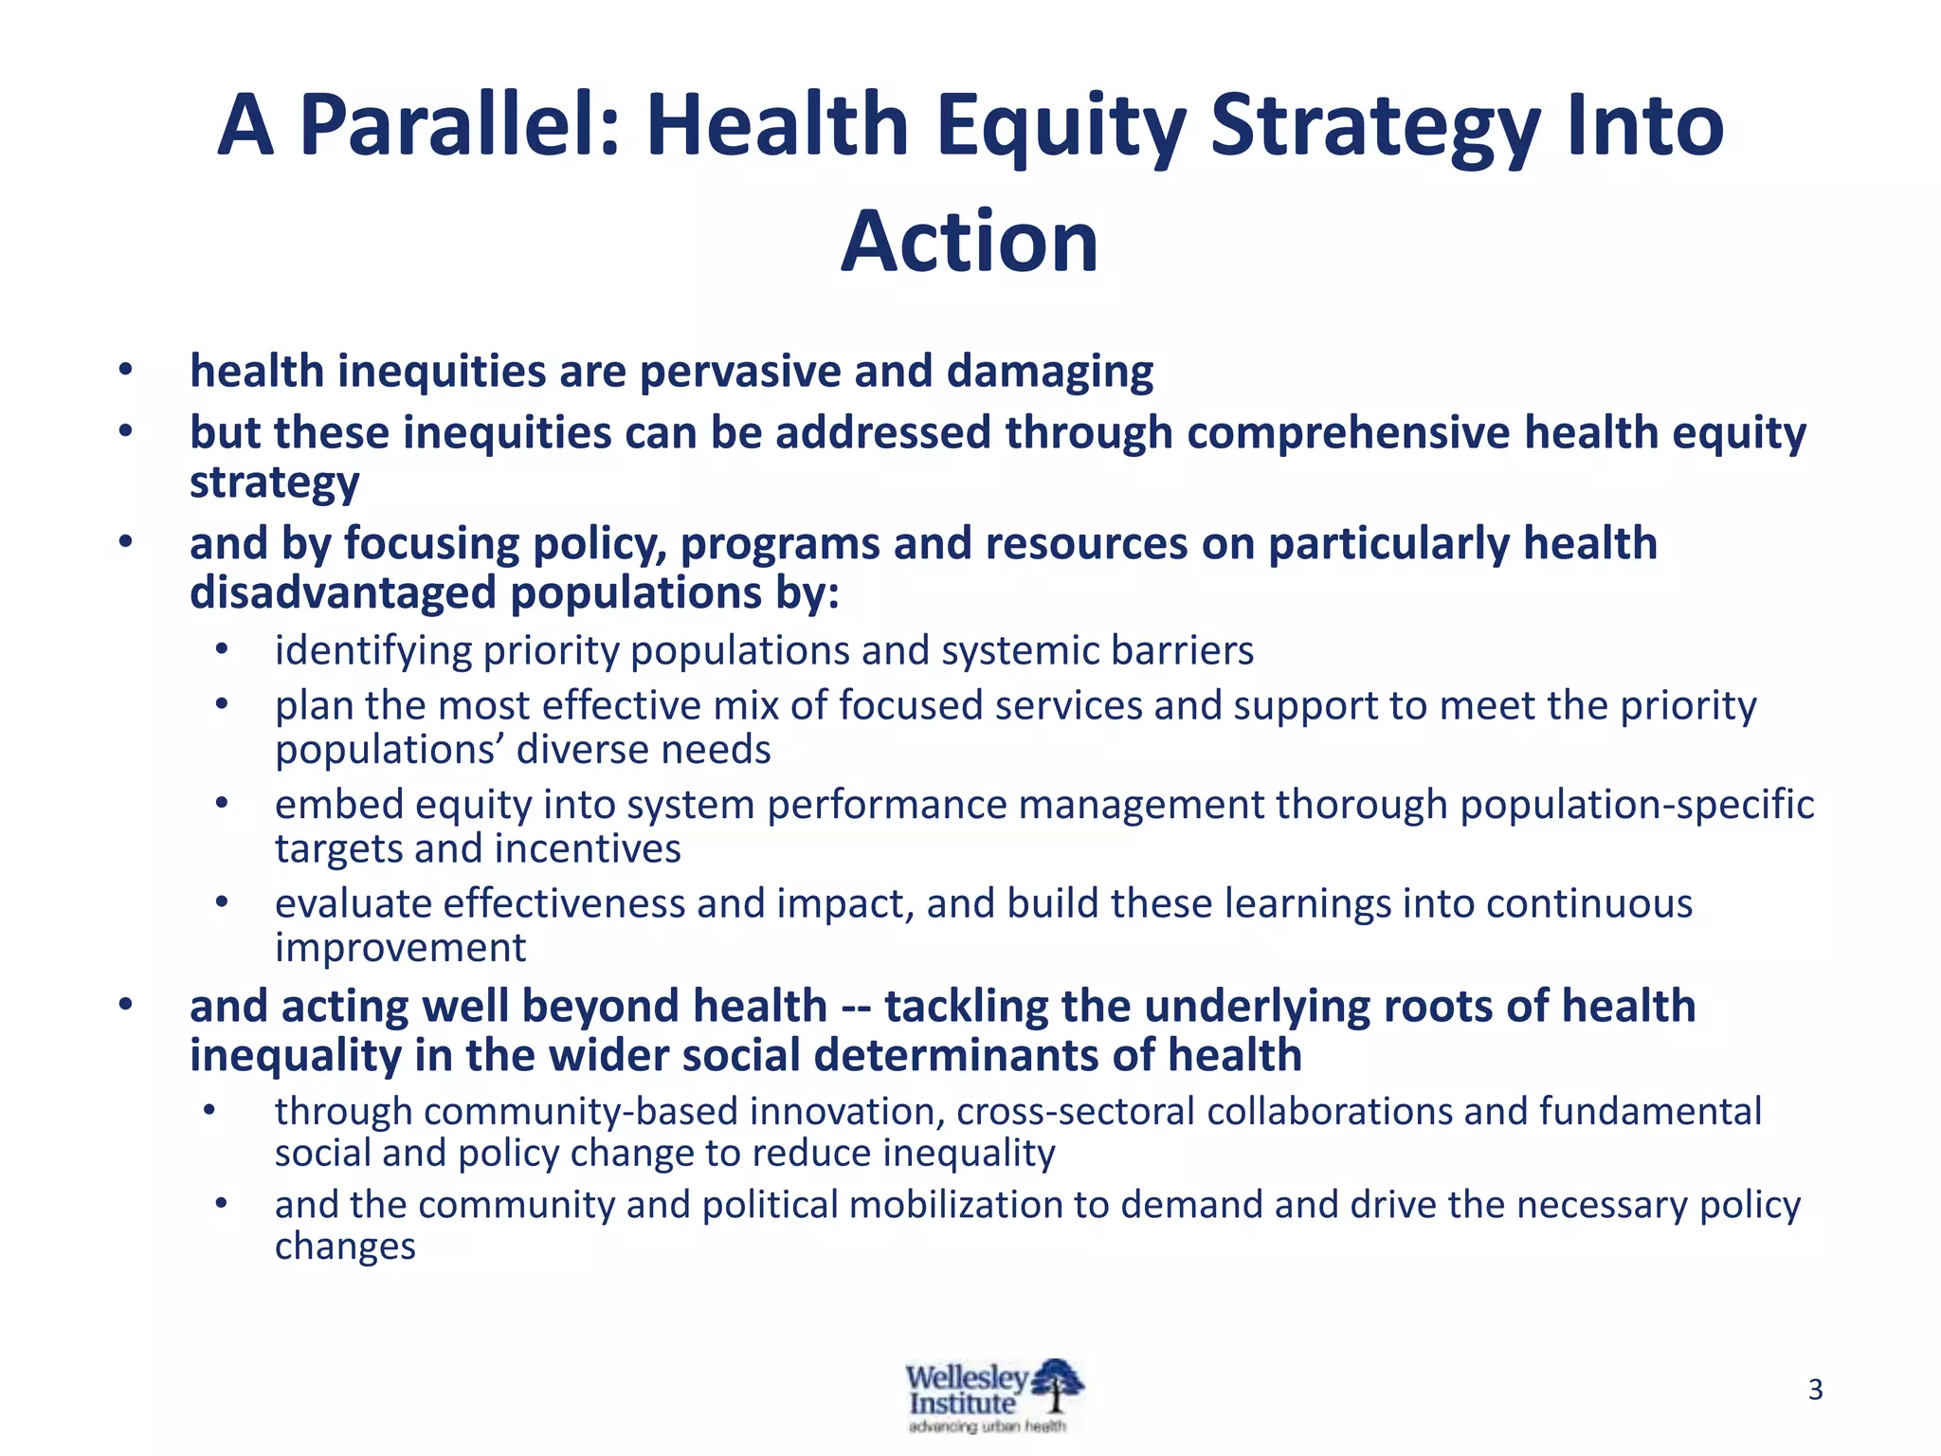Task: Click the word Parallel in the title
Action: point(459,125)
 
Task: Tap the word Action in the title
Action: point(970,242)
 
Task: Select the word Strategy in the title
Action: point(1374,125)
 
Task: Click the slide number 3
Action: point(1815,1390)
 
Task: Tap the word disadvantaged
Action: point(342,593)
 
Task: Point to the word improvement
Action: point(400,948)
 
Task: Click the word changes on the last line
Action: point(345,1247)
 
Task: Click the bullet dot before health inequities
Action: point(125,371)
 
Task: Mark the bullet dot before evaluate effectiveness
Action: point(222,903)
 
